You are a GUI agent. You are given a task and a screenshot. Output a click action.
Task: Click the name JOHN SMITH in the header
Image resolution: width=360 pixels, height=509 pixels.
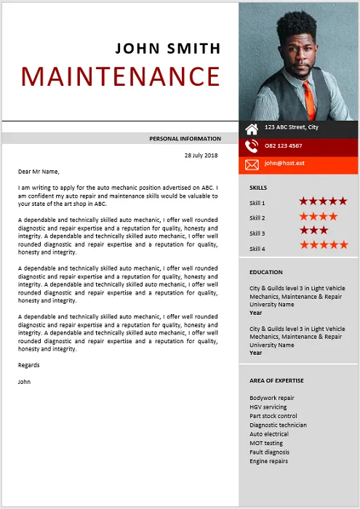coord(167,49)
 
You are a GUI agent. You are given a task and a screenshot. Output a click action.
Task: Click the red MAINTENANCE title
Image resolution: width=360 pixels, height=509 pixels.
coord(121,76)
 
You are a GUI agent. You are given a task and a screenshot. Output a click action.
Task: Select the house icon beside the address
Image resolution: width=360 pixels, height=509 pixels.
coord(252,129)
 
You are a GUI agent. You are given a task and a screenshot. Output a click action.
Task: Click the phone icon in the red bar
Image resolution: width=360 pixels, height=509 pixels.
coord(252,146)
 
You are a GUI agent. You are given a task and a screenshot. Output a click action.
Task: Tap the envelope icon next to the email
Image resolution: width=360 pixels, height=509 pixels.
coord(252,164)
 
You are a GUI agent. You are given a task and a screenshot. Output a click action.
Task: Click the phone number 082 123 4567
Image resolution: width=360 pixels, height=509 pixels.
coord(284,145)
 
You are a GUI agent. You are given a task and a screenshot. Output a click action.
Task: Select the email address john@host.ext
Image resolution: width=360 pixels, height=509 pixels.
coord(284,164)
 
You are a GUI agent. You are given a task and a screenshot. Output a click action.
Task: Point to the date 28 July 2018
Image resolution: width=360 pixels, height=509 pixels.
coord(201,155)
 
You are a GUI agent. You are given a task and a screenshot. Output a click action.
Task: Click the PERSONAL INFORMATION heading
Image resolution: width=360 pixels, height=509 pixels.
coord(185,138)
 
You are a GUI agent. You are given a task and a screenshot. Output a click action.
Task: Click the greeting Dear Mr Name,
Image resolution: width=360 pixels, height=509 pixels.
coord(38,172)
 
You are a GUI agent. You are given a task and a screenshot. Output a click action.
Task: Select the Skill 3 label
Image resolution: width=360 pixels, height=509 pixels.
coord(257,233)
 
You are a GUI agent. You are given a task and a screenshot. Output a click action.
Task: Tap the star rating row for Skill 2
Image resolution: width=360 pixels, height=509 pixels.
coord(319,217)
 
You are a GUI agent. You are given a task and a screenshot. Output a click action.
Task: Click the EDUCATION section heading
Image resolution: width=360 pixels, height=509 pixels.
coord(266,272)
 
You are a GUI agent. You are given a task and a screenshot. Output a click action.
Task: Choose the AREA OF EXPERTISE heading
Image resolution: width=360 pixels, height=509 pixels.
coord(276,380)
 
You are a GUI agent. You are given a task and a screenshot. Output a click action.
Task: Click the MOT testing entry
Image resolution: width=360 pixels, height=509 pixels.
coord(266,443)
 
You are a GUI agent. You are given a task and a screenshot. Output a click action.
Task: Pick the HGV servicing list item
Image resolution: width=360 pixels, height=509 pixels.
coord(268,407)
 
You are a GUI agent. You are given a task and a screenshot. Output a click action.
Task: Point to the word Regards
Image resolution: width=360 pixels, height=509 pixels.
coord(29,365)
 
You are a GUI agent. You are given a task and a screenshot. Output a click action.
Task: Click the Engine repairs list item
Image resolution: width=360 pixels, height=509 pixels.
coord(268,461)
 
